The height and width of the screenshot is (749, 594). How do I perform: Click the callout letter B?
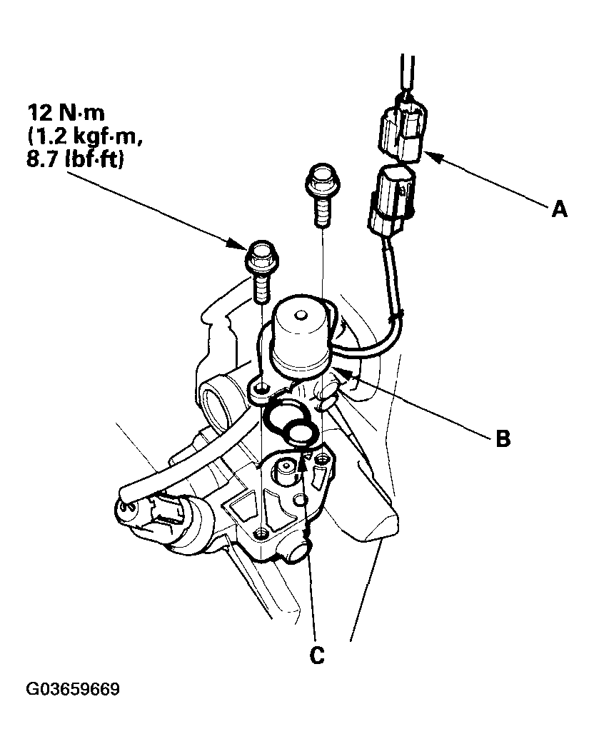503,438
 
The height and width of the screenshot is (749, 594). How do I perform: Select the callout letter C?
317,654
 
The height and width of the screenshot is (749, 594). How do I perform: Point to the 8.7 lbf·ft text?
74,161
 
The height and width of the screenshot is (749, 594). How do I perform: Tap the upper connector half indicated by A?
403,129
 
